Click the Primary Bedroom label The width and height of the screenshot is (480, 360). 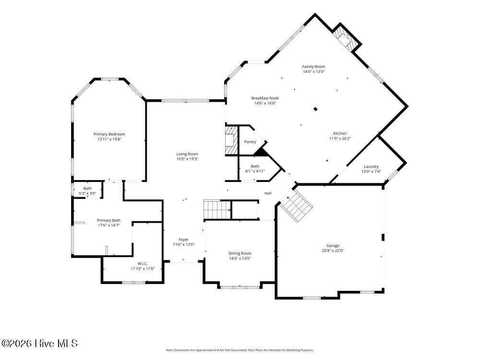point(109,134)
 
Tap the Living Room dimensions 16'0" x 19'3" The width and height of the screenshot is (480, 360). point(187,159)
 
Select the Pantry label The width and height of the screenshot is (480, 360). point(250,142)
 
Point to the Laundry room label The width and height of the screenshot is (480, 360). point(371,167)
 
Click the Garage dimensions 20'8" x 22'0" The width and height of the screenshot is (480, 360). point(333,251)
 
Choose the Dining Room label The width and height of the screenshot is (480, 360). point(240,253)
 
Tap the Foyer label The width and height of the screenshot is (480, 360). point(184,240)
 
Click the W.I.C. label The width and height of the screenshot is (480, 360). point(143,264)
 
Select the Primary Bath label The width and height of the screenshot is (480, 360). point(108,220)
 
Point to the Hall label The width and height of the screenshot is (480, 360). point(268,193)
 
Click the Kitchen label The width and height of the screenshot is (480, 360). point(340,133)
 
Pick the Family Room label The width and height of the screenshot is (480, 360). point(313,66)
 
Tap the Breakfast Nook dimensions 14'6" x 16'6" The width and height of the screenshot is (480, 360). point(265,103)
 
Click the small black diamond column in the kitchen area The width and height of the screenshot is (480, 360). point(315,108)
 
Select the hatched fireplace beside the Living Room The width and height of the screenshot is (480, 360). point(232,140)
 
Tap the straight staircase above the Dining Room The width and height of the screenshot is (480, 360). point(217,210)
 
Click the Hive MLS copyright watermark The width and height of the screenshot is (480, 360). point(39,344)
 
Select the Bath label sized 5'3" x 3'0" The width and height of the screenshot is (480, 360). point(87,188)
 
